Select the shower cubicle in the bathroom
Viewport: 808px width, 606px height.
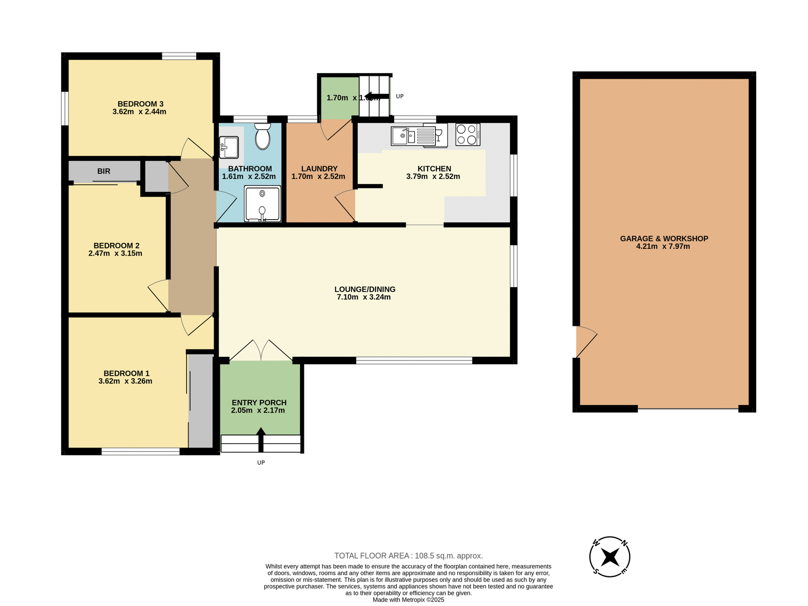tap(263, 203)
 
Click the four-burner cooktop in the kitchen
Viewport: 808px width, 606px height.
tap(468, 135)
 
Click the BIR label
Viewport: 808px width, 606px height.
tap(104, 171)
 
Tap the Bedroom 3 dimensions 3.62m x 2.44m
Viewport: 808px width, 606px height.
tap(139, 112)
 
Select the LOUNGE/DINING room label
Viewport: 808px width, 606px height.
tap(365, 289)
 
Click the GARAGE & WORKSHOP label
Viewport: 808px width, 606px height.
tap(664, 239)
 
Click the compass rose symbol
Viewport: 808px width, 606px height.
tap(609, 557)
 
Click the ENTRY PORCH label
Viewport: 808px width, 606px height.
tap(259, 403)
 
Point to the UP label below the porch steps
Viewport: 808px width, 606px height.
tap(261, 462)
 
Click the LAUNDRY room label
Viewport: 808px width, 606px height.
tap(319, 169)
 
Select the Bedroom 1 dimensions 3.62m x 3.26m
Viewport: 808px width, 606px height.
tap(125, 381)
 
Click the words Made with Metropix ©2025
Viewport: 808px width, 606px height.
tap(408, 600)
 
